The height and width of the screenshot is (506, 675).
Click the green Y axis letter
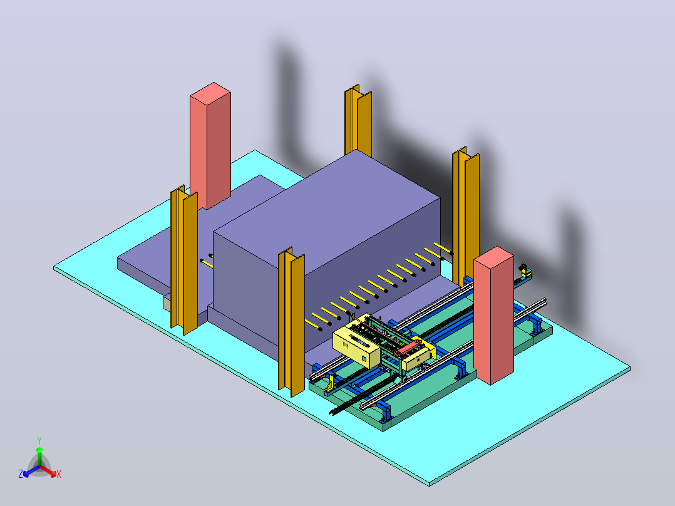pyautogui.click(x=39, y=440)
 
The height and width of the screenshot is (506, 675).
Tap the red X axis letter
pyautogui.click(x=59, y=474)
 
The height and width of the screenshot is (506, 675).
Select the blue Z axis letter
pyautogui.click(x=20, y=473)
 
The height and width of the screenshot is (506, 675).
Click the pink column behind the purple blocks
pyautogui.click(x=210, y=145)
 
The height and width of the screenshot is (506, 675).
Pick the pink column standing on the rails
pyautogui.click(x=493, y=315)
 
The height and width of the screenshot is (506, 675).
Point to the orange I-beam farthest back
pyautogui.click(x=358, y=121)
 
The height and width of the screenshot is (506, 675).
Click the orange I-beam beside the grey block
pyautogui.click(x=184, y=260)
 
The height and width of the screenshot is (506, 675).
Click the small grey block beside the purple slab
pyautogui.click(x=167, y=302)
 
